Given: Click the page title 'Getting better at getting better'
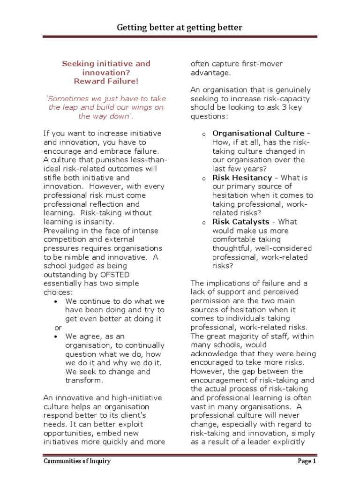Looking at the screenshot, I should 180,28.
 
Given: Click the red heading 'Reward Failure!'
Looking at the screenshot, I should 106,81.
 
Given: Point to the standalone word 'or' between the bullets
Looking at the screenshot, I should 58,328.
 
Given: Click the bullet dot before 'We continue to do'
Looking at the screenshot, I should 56,301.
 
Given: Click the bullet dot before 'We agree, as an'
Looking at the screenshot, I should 56,337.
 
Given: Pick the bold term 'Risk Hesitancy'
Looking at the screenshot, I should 242,178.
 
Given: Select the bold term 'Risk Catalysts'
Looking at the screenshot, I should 241,222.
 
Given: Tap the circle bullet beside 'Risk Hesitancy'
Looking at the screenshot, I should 204,179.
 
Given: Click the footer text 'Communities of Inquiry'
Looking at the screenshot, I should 77,461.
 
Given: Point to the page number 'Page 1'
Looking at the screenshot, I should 307,461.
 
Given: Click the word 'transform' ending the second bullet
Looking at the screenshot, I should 83,380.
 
